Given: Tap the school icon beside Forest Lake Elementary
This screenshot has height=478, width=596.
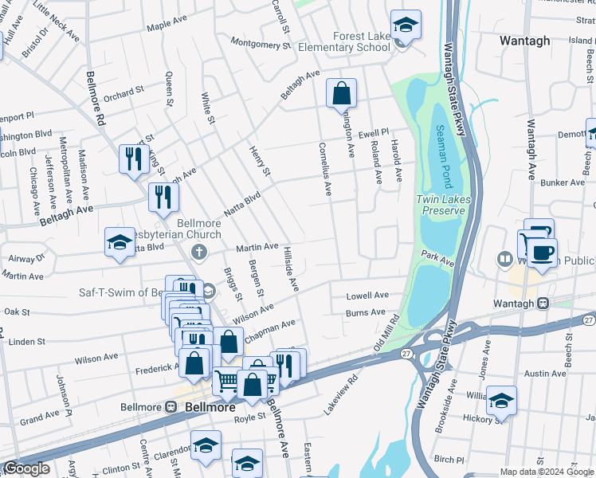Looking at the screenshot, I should point(406,25).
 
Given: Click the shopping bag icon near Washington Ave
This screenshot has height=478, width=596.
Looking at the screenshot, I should point(341,93).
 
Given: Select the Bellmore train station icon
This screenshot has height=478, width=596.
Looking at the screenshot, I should point(171,406).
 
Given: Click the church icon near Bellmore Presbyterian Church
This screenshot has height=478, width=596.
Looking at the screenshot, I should point(199,253).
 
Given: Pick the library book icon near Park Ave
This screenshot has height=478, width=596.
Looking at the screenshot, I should point(504,259).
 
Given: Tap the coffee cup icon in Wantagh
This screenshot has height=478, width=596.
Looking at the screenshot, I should point(543,253).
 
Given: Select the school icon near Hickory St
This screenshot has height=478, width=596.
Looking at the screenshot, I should point(501,401).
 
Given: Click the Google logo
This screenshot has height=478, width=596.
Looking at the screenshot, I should point(25,468).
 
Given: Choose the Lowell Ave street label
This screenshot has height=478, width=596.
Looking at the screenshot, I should point(367,296).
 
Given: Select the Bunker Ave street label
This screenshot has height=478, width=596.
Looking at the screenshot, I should point(563,182).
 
